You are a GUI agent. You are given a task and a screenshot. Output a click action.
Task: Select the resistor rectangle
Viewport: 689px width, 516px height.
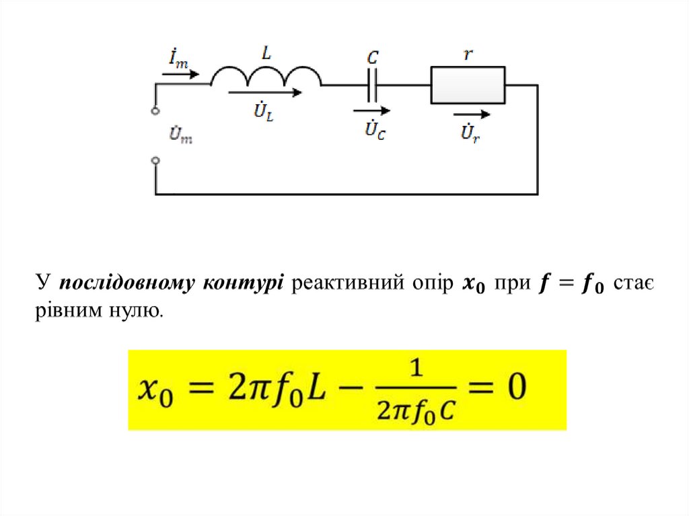click(x=468, y=85)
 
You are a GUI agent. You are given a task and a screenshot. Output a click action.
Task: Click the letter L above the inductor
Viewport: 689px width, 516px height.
click(x=266, y=54)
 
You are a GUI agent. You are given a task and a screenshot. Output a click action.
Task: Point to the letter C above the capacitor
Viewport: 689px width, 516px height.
click(x=372, y=58)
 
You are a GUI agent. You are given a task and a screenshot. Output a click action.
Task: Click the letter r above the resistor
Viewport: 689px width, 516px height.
click(x=468, y=55)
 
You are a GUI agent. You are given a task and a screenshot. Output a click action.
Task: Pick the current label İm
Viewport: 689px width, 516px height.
click(x=178, y=59)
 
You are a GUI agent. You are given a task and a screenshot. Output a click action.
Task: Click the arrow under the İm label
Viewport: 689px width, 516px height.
click(x=181, y=74)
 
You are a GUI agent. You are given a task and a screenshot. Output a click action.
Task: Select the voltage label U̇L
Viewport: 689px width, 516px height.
click(x=263, y=112)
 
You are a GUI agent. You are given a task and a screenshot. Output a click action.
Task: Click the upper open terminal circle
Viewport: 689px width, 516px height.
click(x=155, y=110)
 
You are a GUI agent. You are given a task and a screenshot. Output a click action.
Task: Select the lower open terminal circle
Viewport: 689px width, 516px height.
click(x=155, y=160)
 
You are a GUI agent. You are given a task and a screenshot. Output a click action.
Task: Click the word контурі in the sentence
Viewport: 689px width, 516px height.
click(x=255, y=284)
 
